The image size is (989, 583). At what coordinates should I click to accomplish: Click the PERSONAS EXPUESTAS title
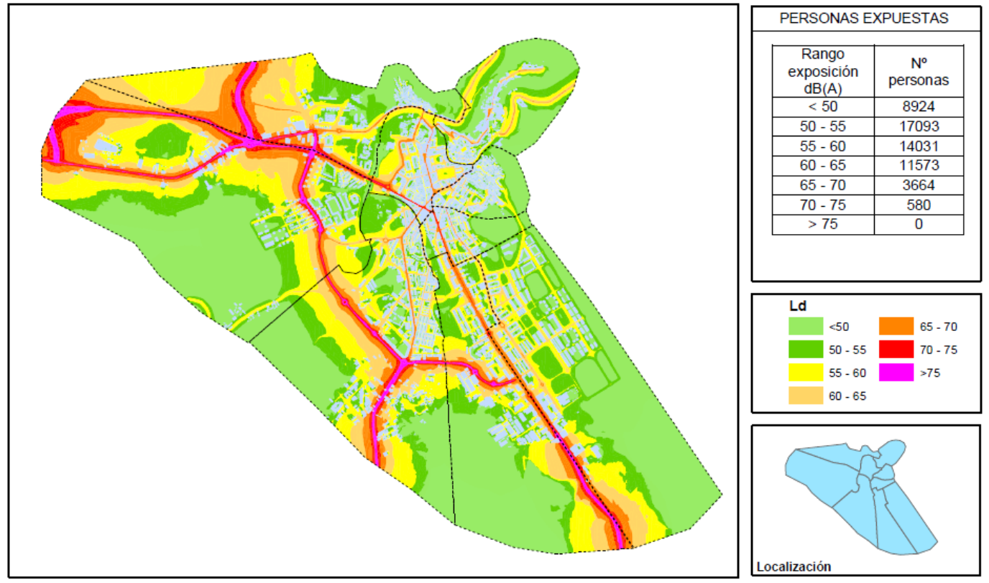click(x=864, y=19)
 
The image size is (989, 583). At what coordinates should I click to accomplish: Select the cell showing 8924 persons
click(x=918, y=107)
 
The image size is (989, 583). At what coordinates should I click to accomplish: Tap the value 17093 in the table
click(x=918, y=126)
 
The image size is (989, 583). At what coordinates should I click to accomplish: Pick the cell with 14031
click(x=918, y=146)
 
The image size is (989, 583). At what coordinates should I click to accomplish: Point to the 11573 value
click(x=918, y=165)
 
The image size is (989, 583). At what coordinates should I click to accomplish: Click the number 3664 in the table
click(x=918, y=185)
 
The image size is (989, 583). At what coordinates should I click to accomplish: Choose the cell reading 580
click(x=918, y=205)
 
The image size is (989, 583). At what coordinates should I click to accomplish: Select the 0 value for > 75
click(x=918, y=224)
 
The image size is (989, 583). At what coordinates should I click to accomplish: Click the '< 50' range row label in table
click(x=823, y=107)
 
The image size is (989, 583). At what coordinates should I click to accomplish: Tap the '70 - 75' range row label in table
click(x=823, y=205)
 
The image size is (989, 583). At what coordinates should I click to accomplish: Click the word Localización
click(x=793, y=566)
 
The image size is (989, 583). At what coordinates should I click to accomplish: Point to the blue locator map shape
click(x=862, y=495)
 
